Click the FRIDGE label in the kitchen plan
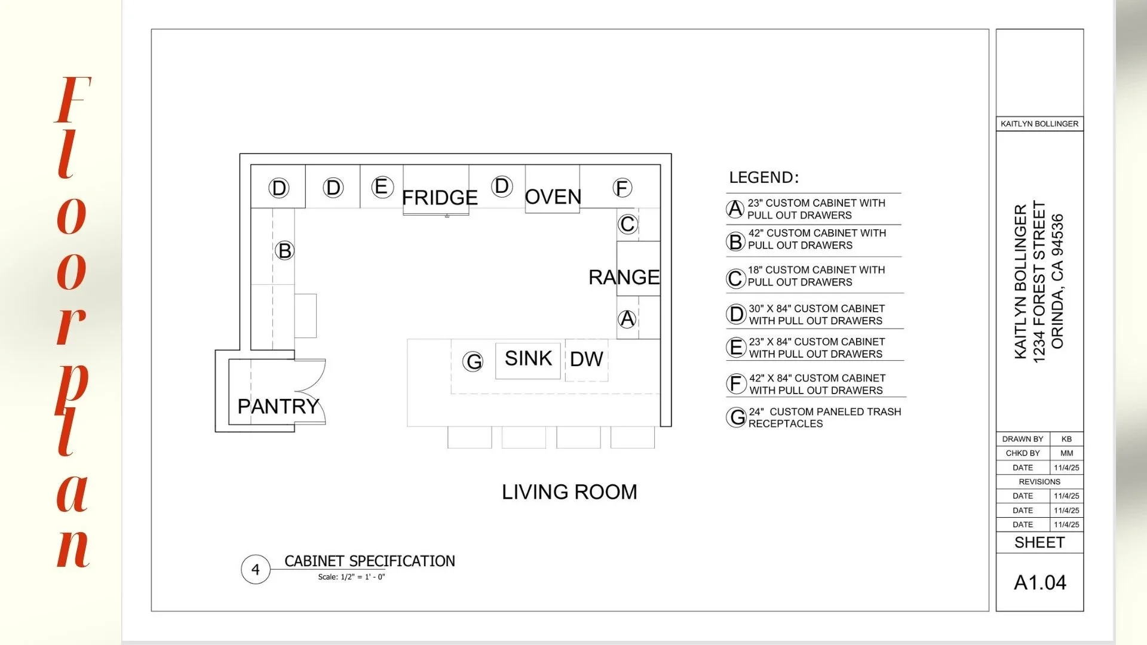(x=440, y=197)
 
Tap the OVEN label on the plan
(x=553, y=196)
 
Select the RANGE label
(x=624, y=277)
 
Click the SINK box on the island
(x=528, y=360)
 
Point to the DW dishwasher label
(x=586, y=359)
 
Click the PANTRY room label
(x=278, y=406)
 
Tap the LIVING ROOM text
(x=569, y=492)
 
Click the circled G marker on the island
(x=473, y=361)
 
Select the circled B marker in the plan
(x=285, y=250)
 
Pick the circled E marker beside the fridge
(x=382, y=187)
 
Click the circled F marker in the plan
(x=622, y=188)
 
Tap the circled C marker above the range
(x=627, y=224)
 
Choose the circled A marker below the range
(x=627, y=319)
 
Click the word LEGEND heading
(x=763, y=177)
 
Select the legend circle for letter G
(x=737, y=417)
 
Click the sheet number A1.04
(x=1039, y=582)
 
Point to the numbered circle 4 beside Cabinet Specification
(x=256, y=569)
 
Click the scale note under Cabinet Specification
(x=351, y=577)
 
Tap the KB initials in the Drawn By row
(x=1066, y=439)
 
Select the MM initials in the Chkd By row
(x=1066, y=453)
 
